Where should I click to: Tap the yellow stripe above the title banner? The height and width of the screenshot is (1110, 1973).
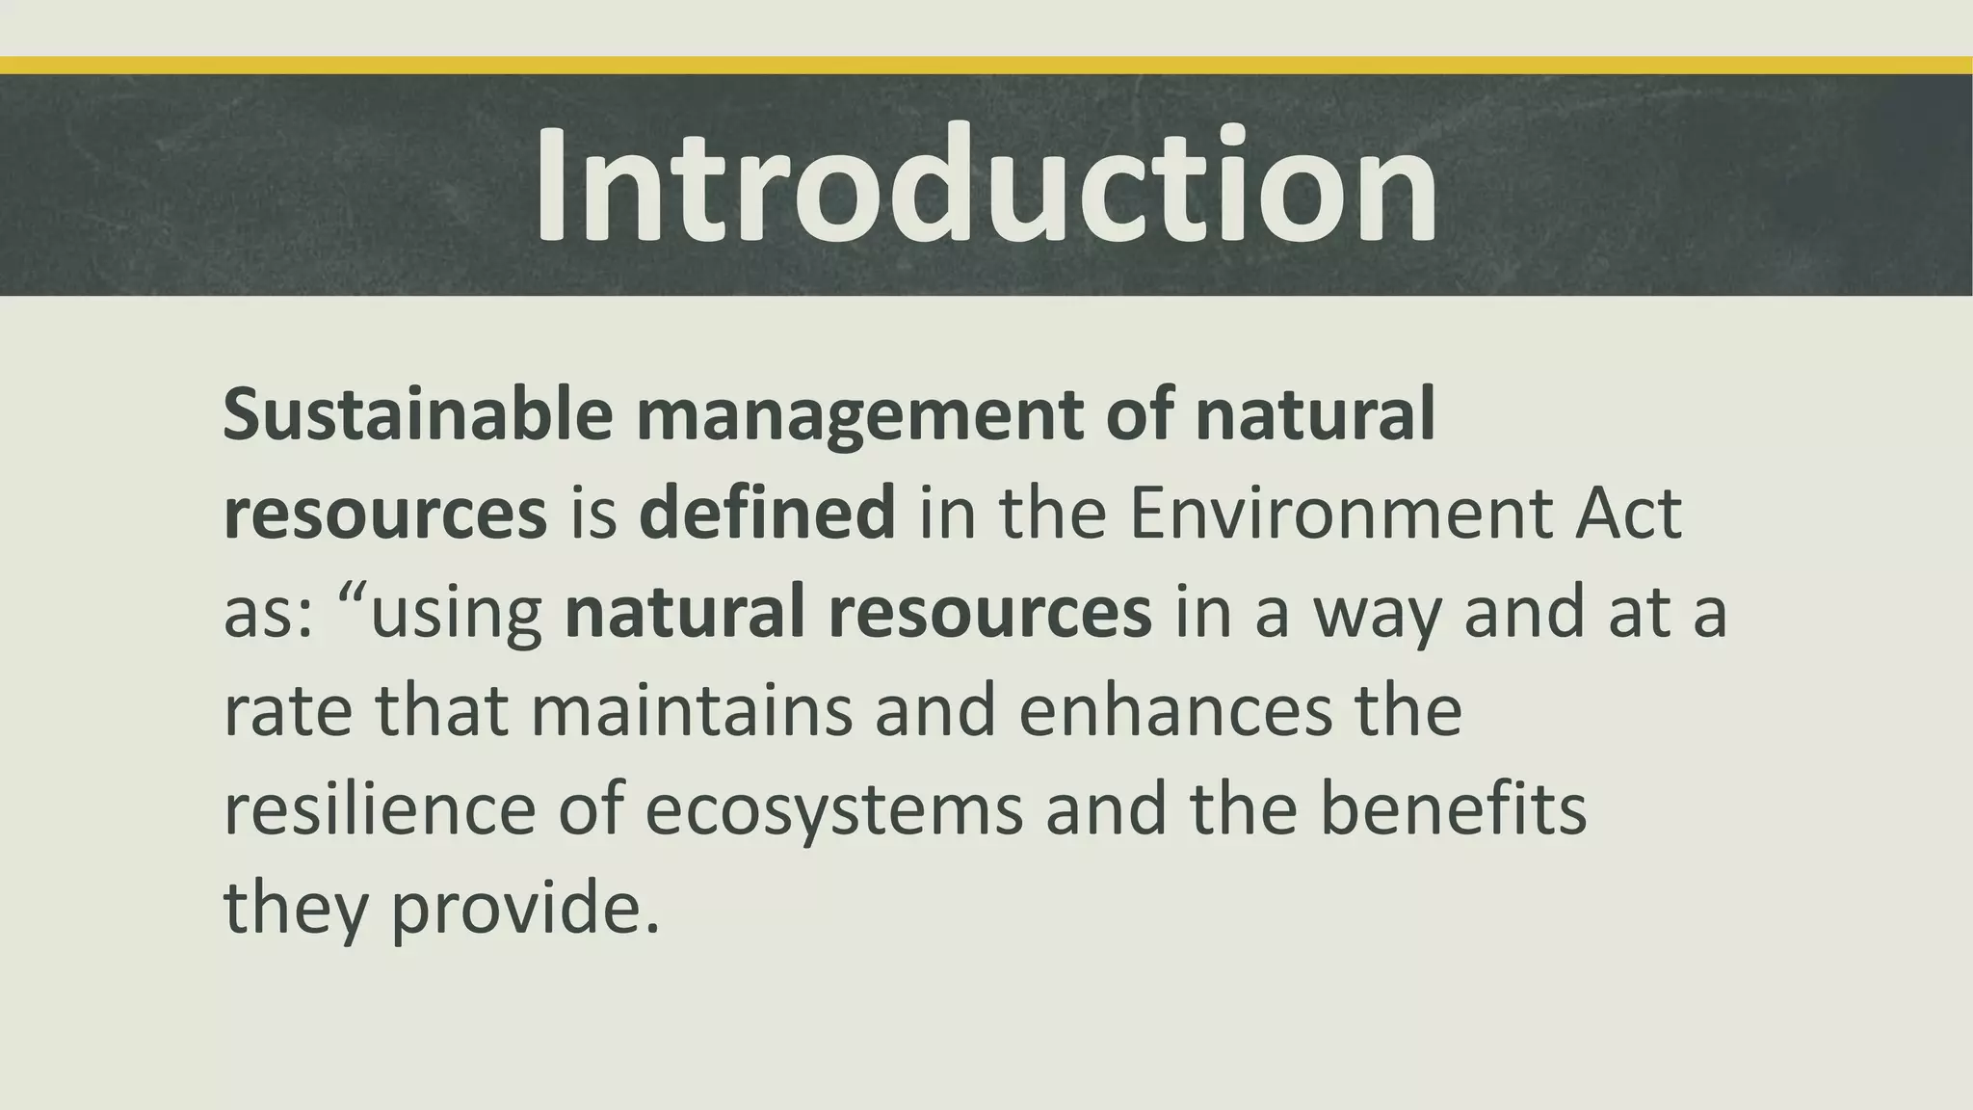(986, 66)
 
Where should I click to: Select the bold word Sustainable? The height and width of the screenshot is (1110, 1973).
(417, 414)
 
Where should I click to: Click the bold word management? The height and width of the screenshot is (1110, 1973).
(857, 416)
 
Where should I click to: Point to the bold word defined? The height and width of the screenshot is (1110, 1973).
(767, 514)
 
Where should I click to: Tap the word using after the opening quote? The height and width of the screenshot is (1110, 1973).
(457, 615)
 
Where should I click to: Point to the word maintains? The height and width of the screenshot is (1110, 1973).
(692, 711)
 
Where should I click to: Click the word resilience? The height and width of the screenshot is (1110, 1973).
(380, 809)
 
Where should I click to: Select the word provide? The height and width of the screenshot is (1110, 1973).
(525, 910)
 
